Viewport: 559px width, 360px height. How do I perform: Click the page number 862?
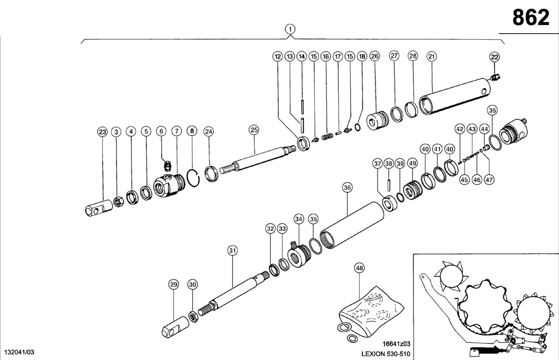pyautogui.click(x=531, y=18)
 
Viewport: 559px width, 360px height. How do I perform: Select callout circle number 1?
pyautogui.click(x=290, y=29)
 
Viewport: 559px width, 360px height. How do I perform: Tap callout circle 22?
pyautogui.click(x=494, y=56)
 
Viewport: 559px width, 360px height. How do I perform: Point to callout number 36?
pyautogui.click(x=347, y=188)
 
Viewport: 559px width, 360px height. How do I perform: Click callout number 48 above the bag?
pyautogui.click(x=359, y=268)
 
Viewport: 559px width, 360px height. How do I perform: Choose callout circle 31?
pyautogui.click(x=232, y=250)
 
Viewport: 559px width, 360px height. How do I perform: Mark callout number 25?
pyautogui.click(x=254, y=129)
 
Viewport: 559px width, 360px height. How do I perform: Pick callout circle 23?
pyautogui.click(x=102, y=132)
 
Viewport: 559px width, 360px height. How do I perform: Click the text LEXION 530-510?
pyautogui.click(x=386, y=353)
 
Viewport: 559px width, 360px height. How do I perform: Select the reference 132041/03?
pyautogui.click(x=19, y=352)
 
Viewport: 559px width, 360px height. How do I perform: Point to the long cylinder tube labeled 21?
pyautogui.click(x=454, y=97)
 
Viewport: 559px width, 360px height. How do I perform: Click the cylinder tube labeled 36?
pyautogui.click(x=352, y=225)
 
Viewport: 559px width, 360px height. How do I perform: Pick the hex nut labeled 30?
pyautogui.click(x=193, y=316)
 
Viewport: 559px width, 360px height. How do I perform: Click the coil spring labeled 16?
pyautogui.click(x=327, y=137)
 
